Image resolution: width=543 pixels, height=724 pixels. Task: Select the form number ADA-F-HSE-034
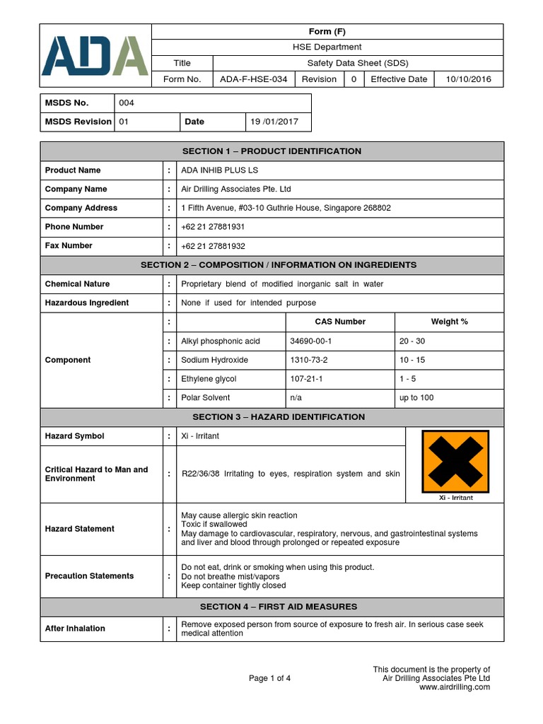coord(253,79)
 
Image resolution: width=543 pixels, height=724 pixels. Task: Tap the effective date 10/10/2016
coord(468,79)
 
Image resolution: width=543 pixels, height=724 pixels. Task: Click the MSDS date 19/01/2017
coord(274,122)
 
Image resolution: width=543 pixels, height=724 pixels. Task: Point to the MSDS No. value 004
coord(127,103)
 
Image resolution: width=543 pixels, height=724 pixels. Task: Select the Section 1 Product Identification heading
coord(271,151)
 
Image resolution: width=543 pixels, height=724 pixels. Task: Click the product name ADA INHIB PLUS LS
coord(220,170)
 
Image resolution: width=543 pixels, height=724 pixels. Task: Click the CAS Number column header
coord(340,322)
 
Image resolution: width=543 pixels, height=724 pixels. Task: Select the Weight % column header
coord(449,322)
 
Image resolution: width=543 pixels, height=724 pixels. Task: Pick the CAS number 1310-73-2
coord(310,360)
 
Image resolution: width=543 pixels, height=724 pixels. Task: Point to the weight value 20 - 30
coord(412,341)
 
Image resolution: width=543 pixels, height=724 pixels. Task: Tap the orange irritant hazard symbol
coord(454,462)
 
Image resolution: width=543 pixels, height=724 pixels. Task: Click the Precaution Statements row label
coord(89,576)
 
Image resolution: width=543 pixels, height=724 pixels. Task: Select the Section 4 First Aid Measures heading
coord(279,607)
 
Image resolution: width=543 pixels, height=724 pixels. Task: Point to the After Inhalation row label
coord(75,629)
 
